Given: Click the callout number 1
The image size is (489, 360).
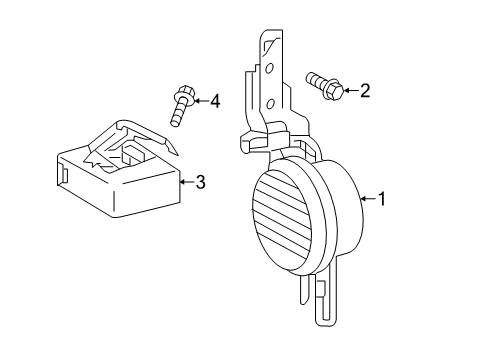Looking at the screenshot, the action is [x=381, y=199].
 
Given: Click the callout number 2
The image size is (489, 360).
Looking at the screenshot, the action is [x=364, y=92].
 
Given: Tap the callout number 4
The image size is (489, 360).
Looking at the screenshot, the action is [x=214, y=100].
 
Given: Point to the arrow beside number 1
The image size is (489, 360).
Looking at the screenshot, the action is [x=365, y=199].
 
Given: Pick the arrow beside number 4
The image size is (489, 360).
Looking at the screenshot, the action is [x=198, y=100].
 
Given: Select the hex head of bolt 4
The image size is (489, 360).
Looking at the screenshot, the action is [x=184, y=97].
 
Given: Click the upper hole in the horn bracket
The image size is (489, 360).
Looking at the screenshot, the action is [x=268, y=68].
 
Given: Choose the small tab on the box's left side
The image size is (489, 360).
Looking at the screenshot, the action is [x=63, y=174].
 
